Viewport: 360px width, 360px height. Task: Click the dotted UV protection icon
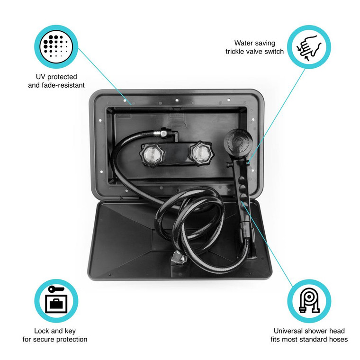[x=56, y=46]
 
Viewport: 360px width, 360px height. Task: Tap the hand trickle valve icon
[x=309, y=47]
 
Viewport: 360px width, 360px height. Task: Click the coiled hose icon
[x=309, y=301]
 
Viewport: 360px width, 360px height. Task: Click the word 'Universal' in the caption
[x=289, y=331]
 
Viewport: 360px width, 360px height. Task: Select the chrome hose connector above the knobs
[x=163, y=134]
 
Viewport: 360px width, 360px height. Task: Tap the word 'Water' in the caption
[x=244, y=43]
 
